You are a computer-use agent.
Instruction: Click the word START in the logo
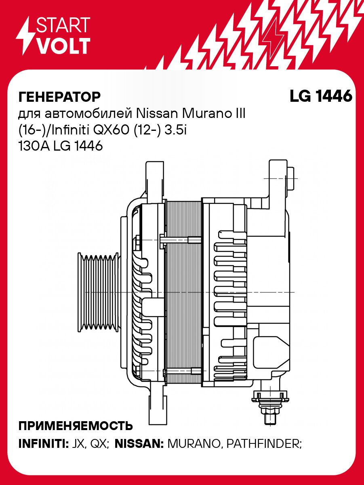[63, 25]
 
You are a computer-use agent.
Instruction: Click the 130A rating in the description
[34, 146]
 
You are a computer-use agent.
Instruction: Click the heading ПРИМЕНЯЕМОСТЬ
[76, 426]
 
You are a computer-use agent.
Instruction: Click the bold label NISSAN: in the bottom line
[139, 444]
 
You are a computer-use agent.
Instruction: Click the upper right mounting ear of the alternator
[279, 178]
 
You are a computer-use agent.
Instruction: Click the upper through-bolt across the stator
[178, 240]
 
